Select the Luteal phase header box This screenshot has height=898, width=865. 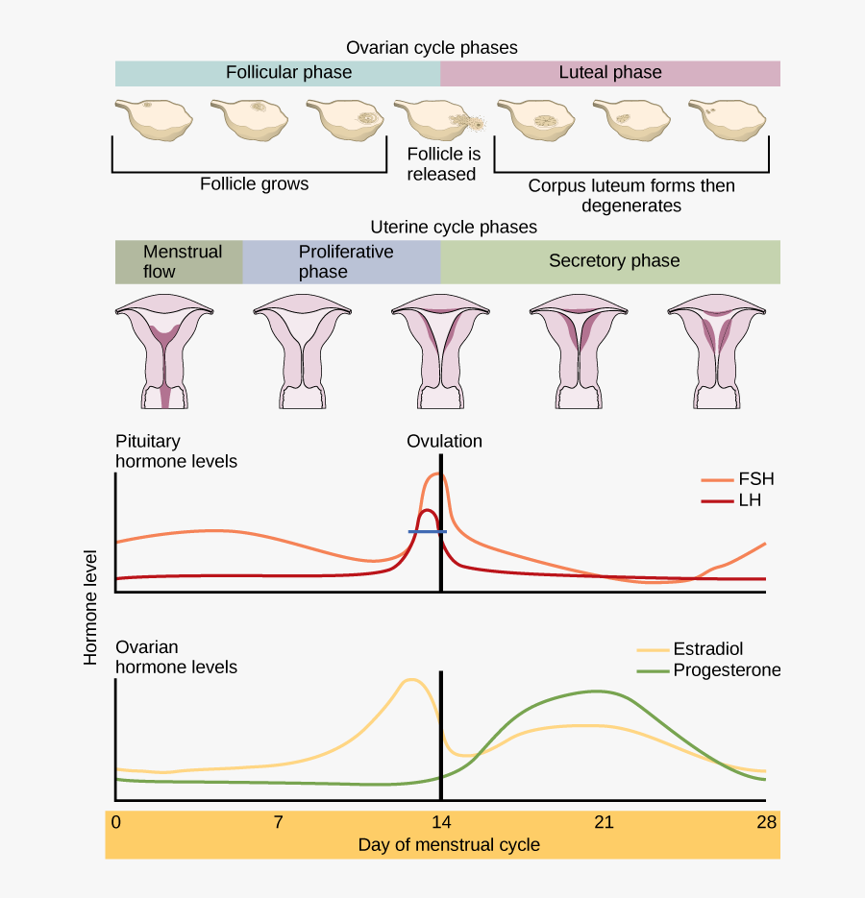click(x=610, y=73)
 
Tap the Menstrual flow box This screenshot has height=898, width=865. click(x=179, y=261)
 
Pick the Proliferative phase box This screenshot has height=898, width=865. click(x=341, y=261)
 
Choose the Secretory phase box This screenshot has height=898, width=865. click(x=610, y=261)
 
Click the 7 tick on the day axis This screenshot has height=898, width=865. click(x=278, y=822)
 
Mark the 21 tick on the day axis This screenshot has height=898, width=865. click(x=604, y=822)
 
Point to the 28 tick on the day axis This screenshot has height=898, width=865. click(x=766, y=822)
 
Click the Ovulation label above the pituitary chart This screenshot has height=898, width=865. click(x=444, y=442)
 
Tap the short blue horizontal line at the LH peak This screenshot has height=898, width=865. click(x=428, y=531)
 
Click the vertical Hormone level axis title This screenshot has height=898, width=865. click(x=91, y=608)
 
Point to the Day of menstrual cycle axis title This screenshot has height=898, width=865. click(x=449, y=845)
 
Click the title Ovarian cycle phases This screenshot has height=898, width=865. click(x=432, y=47)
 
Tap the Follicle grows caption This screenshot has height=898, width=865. click(x=255, y=183)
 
